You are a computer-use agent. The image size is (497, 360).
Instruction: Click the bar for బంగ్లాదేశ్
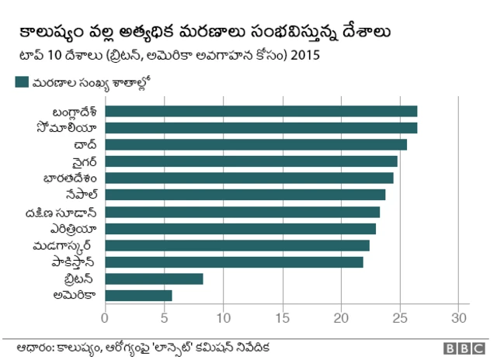(x=260, y=111)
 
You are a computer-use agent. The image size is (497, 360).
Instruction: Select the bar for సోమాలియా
(x=260, y=128)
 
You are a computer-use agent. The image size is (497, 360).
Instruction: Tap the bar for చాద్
(x=255, y=144)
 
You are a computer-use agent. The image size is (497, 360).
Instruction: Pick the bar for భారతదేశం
(x=248, y=178)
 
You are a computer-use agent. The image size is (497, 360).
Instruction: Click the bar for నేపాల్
(x=245, y=195)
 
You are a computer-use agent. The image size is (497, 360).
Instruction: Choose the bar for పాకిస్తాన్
(x=234, y=262)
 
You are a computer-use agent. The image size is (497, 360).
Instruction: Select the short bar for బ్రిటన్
(x=154, y=279)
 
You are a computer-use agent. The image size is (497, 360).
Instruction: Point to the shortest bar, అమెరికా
(x=138, y=296)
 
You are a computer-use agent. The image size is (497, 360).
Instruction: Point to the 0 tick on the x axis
(x=105, y=317)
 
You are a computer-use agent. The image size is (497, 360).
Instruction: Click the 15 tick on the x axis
(x=282, y=317)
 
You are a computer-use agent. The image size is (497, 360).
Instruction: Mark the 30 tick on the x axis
(x=459, y=317)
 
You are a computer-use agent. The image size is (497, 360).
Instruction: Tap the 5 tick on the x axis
(x=164, y=317)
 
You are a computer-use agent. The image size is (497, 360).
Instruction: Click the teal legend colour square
(x=21, y=81)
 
